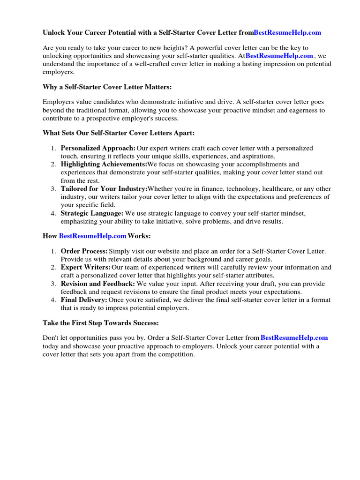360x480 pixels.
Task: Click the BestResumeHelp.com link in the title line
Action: coord(287,33)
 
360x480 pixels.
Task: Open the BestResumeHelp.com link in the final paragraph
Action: coord(294,337)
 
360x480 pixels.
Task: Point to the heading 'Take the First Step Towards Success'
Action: coord(101,323)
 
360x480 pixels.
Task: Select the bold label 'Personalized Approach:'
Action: coord(98,148)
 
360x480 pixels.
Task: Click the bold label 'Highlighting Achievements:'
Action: coord(104,165)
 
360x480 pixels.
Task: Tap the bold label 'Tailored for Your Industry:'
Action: coord(104,188)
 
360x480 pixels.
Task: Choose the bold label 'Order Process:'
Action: coord(84,251)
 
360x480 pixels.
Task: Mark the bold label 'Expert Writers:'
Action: coord(85,268)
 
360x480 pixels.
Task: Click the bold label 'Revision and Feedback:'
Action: coord(98,284)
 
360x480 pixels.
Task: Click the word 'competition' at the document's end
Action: coord(174,354)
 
